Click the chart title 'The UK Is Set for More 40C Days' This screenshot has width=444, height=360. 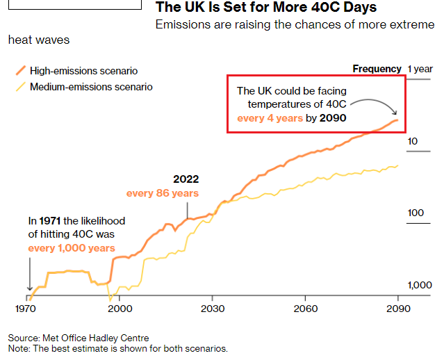point(266,8)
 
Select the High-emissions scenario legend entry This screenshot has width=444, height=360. point(83,71)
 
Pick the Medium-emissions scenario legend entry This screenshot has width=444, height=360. point(90,87)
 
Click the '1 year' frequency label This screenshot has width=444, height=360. point(420,69)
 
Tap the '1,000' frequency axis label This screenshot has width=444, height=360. point(419,285)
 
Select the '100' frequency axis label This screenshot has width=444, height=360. point(415,213)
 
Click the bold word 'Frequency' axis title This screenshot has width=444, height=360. point(377,69)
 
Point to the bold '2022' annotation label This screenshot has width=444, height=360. point(186,179)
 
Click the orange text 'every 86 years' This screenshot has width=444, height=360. point(162,193)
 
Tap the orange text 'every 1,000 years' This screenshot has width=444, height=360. point(72,248)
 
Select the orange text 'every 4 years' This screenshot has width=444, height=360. point(270,118)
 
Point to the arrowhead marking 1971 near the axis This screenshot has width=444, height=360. point(29,287)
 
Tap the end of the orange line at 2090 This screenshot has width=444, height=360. point(397,121)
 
